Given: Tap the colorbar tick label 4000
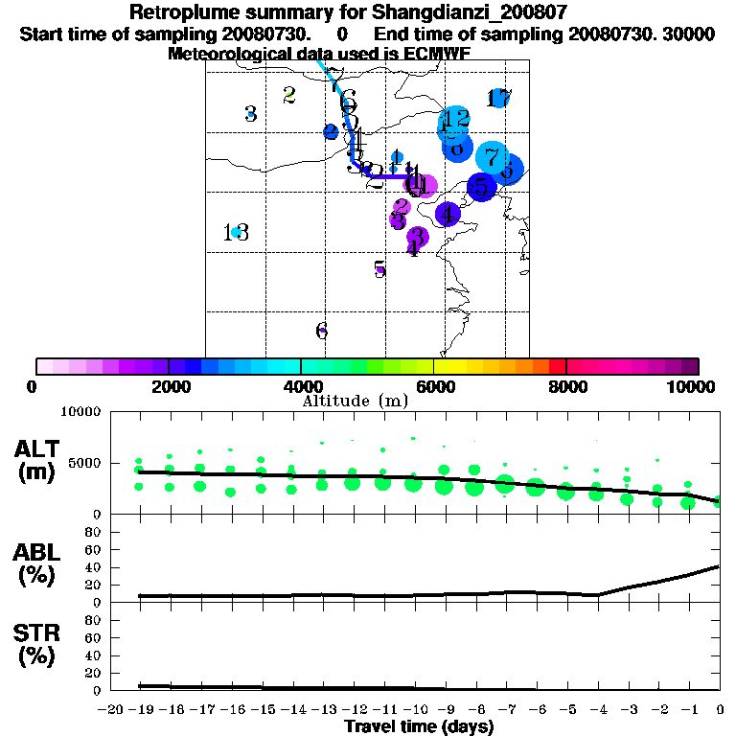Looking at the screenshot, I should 302,386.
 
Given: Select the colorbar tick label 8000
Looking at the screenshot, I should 567,386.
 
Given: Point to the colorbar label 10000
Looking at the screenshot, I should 693,386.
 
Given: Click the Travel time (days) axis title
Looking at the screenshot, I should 418,726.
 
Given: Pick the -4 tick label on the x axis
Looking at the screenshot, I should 597,709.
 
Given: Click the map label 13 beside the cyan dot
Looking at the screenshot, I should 236,233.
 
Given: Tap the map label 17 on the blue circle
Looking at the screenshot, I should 499,98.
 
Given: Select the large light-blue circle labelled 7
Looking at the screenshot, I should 492,156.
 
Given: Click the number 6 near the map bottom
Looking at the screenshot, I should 322,331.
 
